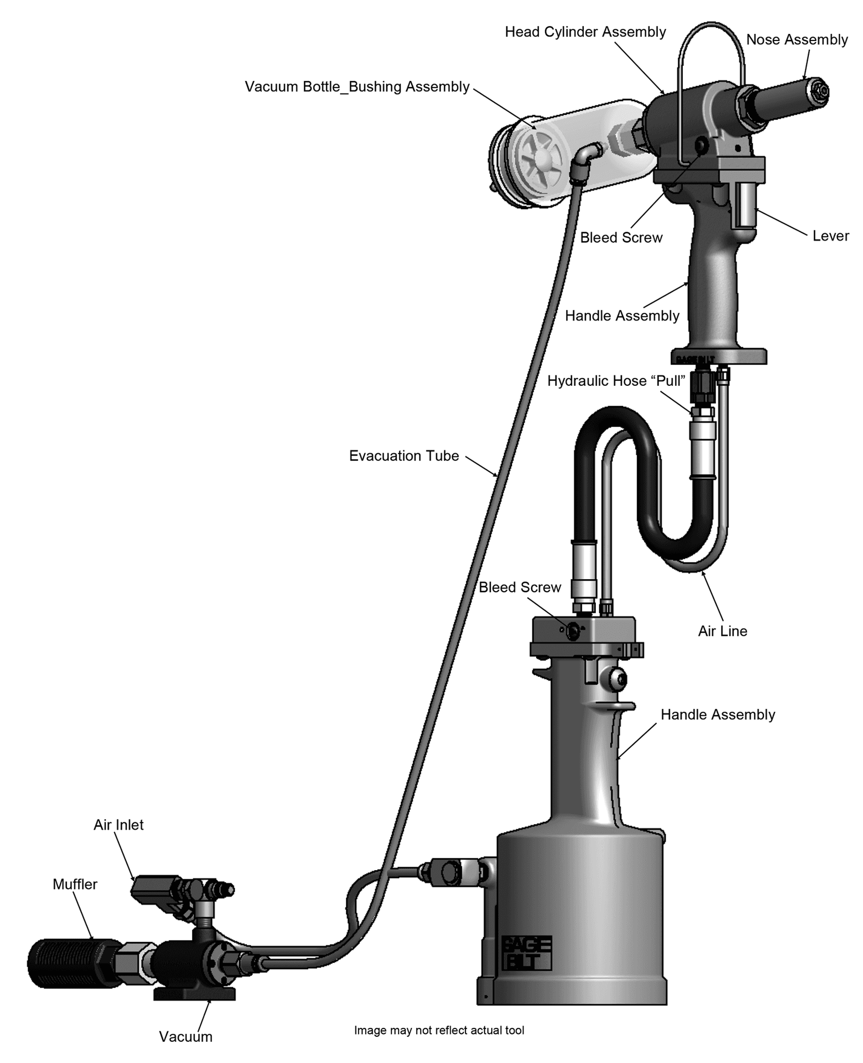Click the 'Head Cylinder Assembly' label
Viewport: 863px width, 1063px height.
click(585, 32)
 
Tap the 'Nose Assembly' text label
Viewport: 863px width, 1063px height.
click(797, 40)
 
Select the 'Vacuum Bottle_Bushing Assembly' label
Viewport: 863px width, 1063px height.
click(357, 87)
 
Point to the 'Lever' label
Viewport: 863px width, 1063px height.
click(831, 236)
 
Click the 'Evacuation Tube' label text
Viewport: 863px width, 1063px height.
click(404, 456)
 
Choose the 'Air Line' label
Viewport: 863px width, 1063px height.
click(722, 631)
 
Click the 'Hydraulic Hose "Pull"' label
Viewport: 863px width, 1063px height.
click(616, 381)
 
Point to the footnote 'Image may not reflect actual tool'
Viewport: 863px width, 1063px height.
click(439, 1030)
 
